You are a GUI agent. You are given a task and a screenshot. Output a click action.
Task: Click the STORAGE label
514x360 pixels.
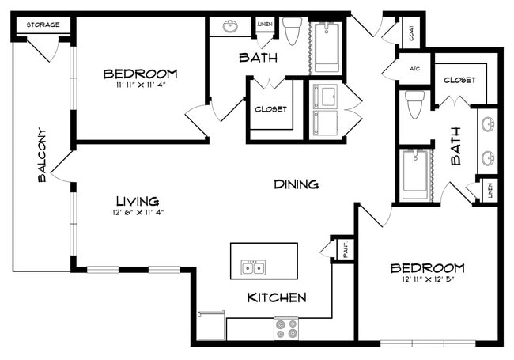pos(43,25)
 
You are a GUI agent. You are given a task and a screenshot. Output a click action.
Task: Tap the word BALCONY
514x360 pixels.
pos(42,155)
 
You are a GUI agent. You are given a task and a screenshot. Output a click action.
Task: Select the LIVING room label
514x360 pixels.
pos(137,200)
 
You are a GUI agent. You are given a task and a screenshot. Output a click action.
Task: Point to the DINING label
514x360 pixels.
pos(296,184)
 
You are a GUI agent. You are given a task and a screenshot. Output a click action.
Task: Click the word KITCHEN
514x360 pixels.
pos(277,297)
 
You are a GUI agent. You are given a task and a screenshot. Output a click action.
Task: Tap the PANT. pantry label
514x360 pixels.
pos(344,249)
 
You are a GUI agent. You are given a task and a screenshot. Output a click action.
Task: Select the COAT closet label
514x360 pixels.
pos(412,33)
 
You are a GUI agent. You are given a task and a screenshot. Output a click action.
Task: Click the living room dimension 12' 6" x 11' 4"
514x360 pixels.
pos(137,212)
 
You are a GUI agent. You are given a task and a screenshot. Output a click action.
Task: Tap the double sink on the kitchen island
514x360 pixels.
pos(253,268)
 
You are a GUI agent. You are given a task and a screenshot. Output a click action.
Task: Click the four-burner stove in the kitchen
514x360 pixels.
pos(286,328)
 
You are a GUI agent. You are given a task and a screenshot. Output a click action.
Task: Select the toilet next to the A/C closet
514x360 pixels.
pos(414,103)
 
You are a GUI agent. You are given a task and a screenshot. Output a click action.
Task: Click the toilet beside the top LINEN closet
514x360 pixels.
pos(293,31)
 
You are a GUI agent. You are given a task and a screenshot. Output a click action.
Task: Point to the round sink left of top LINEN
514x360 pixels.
pos(231,26)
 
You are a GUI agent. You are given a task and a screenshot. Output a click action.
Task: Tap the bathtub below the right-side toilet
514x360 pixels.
pos(415,174)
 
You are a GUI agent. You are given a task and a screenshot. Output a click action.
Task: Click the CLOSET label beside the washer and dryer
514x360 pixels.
pos(270,109)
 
